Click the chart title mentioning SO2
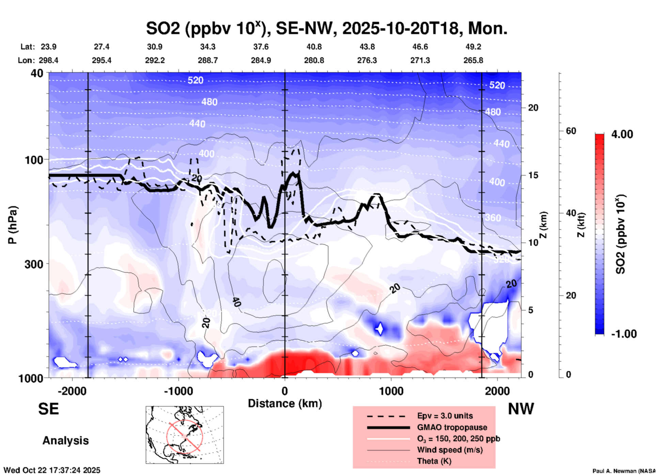pos(326,29)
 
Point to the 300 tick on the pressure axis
pos(34,264)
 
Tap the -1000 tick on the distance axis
pos(178,391)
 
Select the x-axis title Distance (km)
pos(285,403)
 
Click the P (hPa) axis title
pos(13,225)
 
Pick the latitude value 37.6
pos(261,47)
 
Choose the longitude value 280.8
pos(314,60)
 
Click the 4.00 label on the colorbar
pos(622,134)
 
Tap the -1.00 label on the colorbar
pos(624,334)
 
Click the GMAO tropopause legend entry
pos(452,427)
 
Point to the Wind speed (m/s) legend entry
pos(450,450)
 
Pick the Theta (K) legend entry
pos(434,461)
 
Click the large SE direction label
pos(48,409)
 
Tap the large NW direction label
pos(521,409)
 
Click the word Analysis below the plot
pos(65,441)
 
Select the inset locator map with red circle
pos(185,435)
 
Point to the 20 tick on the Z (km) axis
pos(533,108)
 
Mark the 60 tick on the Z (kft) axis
pos(571,131)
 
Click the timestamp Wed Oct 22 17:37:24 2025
pos(52,470)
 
